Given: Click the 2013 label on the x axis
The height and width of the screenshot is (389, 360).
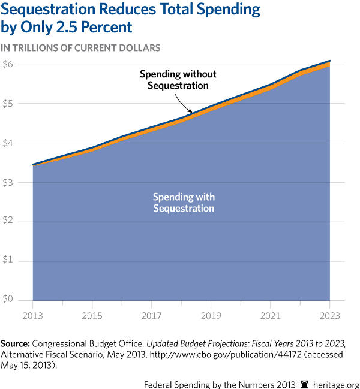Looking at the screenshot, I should click(x=32, y=315).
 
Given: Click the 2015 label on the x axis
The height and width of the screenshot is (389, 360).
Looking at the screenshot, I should click(x=92, y=315).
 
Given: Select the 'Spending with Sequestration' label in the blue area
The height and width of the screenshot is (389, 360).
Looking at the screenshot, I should click(x=184, y=203).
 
